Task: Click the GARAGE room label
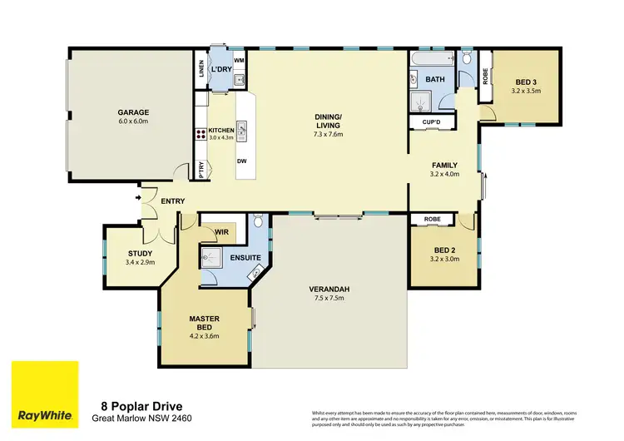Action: point(132,111)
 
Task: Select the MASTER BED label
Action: point(204,323)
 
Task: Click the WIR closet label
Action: point(221,232)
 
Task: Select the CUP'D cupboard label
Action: point(430,122)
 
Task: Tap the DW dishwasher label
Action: point(240,161)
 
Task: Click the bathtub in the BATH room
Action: point(432,59)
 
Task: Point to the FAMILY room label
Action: point(444,165)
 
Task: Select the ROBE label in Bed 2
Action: point(431,220)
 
